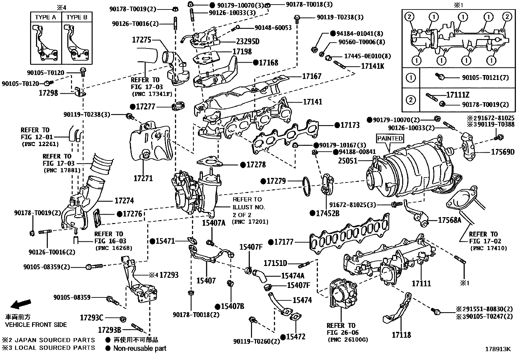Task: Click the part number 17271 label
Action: coord(143,179)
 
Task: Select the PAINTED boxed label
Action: coord(390,138)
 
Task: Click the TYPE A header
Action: coord(45,17)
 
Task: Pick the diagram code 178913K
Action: coord(497,349)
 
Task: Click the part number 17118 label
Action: coord(401,335)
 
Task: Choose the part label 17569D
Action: coord(503,152)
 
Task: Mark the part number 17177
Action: coord(284,242)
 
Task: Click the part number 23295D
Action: coord(247,42)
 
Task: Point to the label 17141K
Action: coord(372,66)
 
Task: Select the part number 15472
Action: coord(296,336)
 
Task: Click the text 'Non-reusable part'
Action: coord(139,348)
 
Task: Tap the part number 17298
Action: coord(48,93)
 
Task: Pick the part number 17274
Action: coord(124,201)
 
